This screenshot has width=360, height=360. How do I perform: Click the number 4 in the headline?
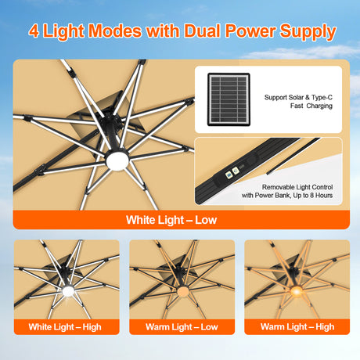[x=35, y=32]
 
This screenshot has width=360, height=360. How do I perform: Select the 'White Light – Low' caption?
[x=171, y=220]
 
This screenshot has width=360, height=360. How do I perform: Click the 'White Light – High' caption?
[x=66, y=326]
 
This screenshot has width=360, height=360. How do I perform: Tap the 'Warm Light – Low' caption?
[x=182, y=326]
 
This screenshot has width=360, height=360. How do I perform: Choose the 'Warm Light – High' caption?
[x=297, y=326]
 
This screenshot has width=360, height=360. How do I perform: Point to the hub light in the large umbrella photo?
[x=121, y=161]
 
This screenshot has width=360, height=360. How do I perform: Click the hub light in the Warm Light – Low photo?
[x=182, y=292]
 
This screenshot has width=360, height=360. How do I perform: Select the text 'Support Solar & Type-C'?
[x=298, y=98]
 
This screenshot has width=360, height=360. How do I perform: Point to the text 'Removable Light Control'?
[x=288, y=187]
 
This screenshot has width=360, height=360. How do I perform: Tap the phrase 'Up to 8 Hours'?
[x=308, y=196]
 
